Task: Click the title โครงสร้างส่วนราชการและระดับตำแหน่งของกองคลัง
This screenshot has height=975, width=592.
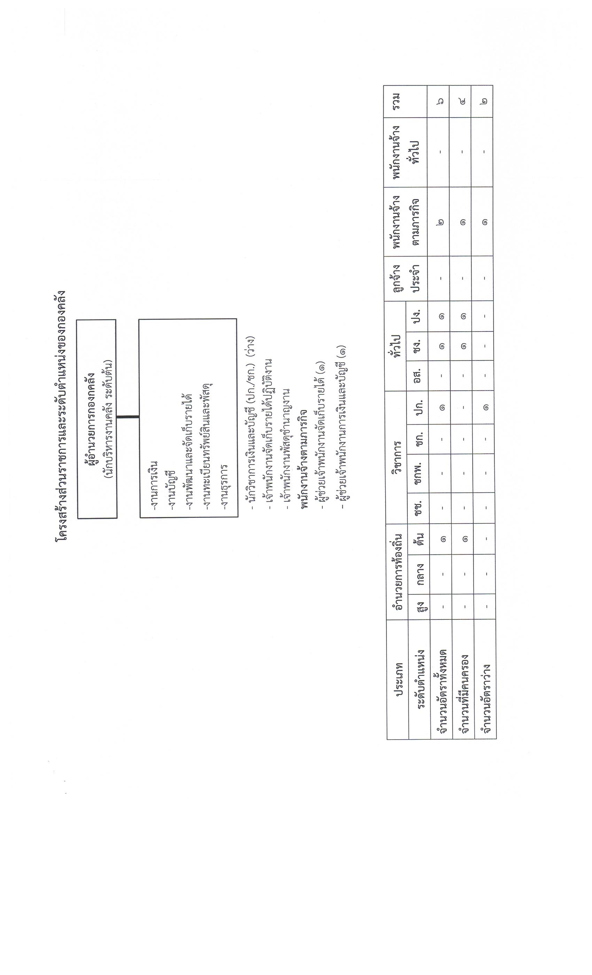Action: pos(61,415)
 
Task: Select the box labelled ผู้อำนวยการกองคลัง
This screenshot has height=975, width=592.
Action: pos(97,419)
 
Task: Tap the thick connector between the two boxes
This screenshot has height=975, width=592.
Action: pos(128,417)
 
